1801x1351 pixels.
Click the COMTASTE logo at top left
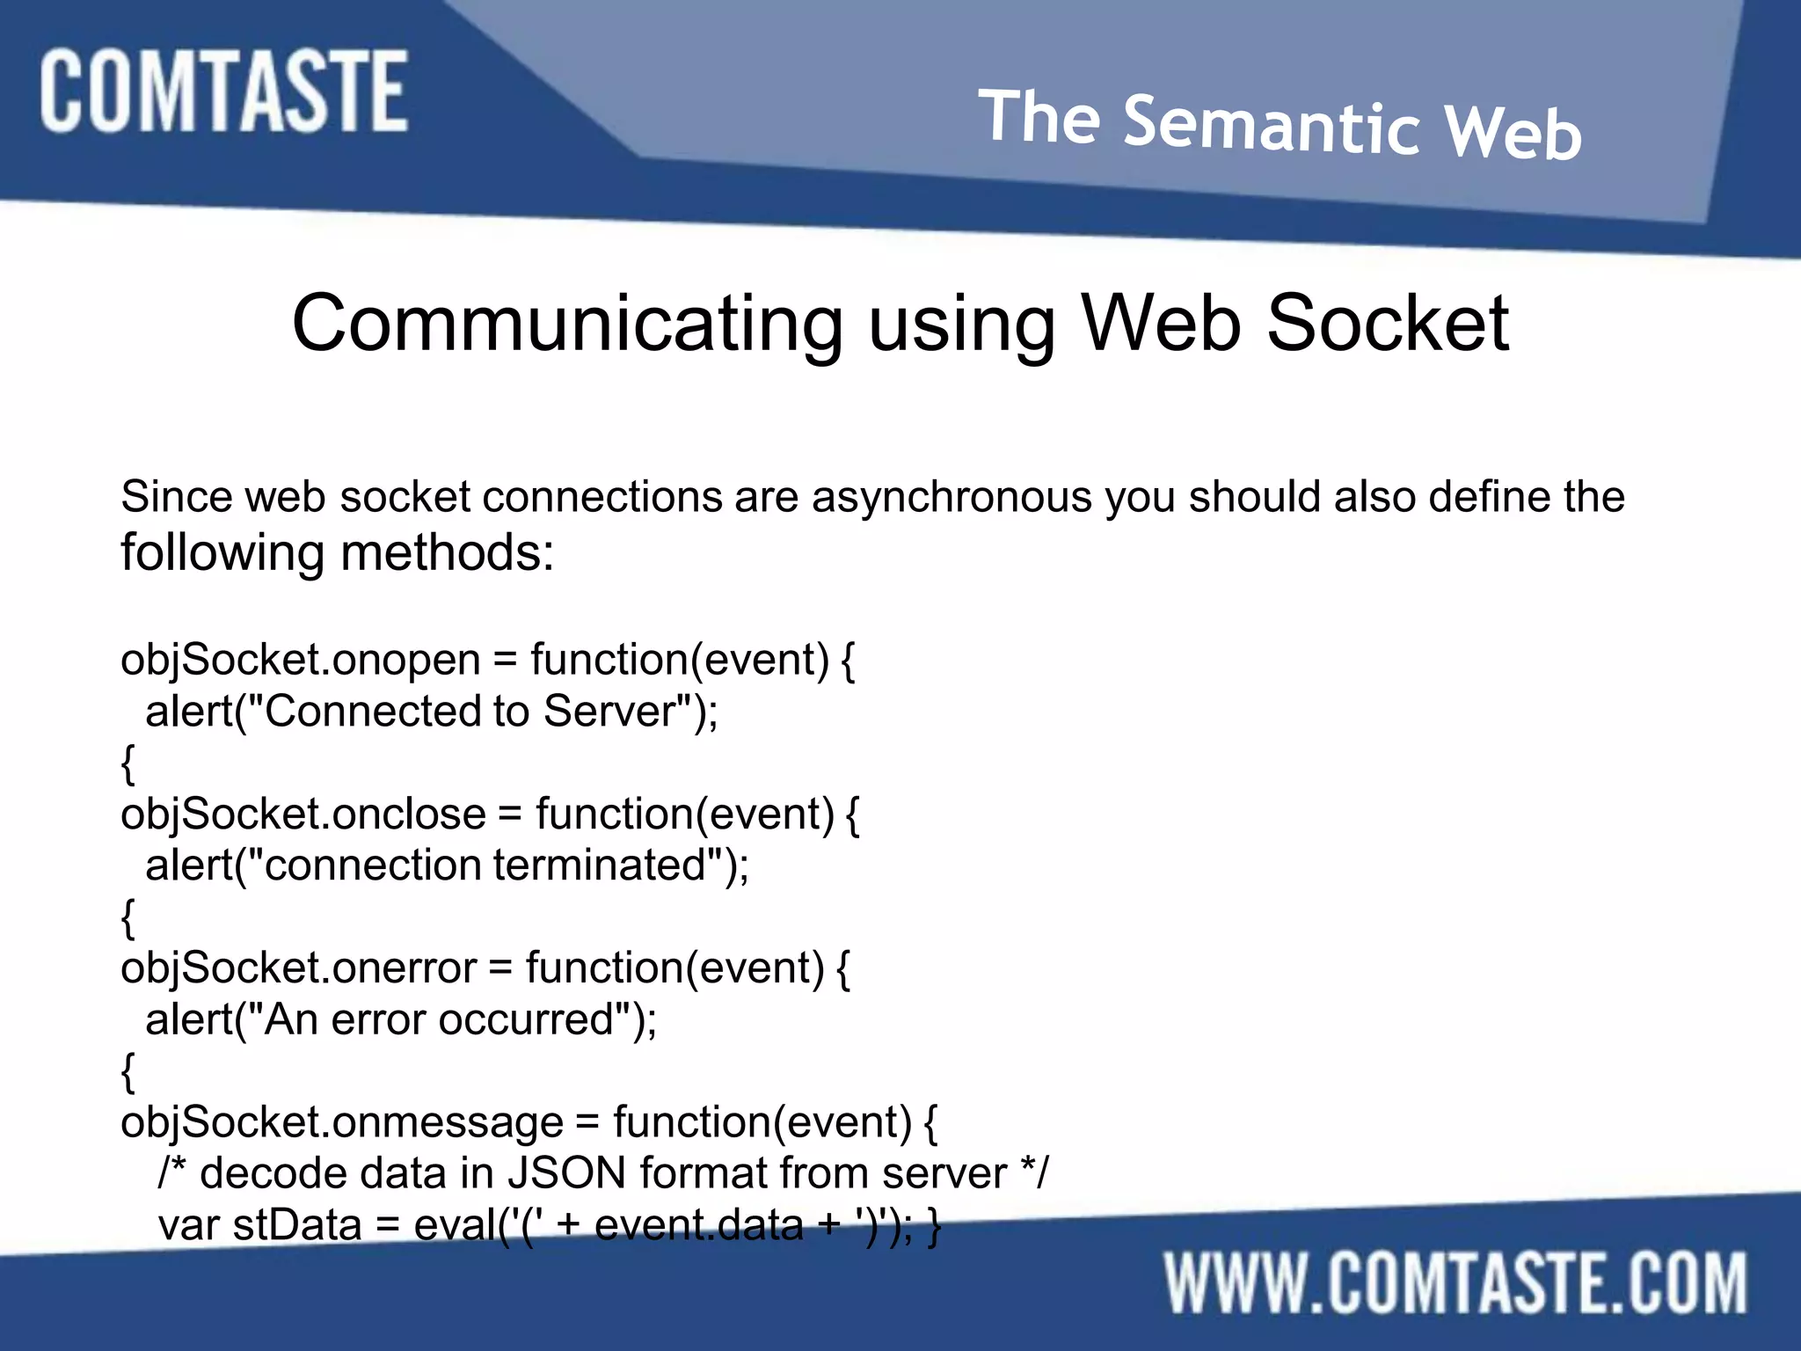(x=223, y=91)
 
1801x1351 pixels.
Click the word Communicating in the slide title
(x=567, y=325)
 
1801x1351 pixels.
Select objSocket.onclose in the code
(x=303, y=814)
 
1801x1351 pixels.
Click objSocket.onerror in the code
(x=299, y=968)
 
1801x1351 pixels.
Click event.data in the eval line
(x=699, y=1225)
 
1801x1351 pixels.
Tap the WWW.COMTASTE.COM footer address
(x=1455, y=1284)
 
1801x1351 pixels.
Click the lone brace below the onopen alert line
(x=128, y=763)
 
